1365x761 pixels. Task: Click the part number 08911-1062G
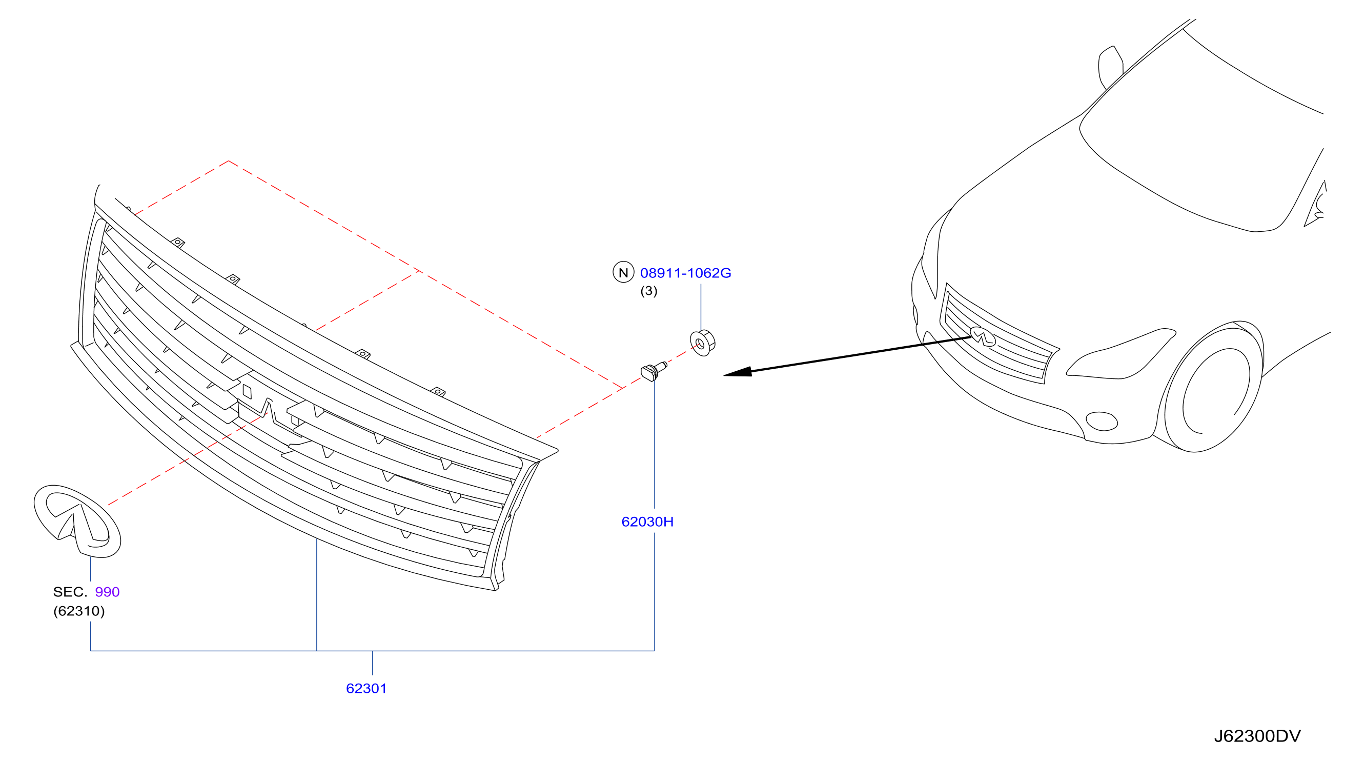point(685,273)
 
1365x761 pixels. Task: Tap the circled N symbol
point(623,272)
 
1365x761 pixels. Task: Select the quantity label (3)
point(648,291)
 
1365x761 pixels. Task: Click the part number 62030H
point(647,522)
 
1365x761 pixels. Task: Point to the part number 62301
point(366,688)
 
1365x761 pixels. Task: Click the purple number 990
point(107,592)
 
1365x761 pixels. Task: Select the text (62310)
point(79,611)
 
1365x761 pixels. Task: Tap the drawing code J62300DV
point(1257,736)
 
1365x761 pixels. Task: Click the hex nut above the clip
point(703,343)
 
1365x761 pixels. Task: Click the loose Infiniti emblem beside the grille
point(77,521)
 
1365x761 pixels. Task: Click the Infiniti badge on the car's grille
point(983,336)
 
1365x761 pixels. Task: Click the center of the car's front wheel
point(1216,391)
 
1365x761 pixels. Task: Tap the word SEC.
point(70,592)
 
